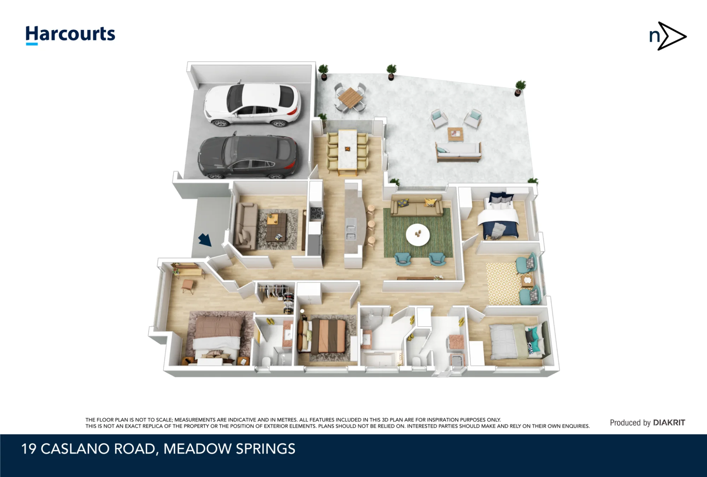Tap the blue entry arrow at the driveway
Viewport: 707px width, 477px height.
coord(205,240)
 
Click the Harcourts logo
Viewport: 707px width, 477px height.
coord(70,35)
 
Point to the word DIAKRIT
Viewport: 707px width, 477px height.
coord(669,423)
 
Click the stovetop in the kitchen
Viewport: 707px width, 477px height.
coord(316,213)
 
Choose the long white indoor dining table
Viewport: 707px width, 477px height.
coord(347,150)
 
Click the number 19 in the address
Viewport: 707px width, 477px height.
coord(29,449)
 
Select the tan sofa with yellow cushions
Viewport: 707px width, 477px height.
coord(417,206)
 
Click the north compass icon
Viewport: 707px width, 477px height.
coord(668,36)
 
